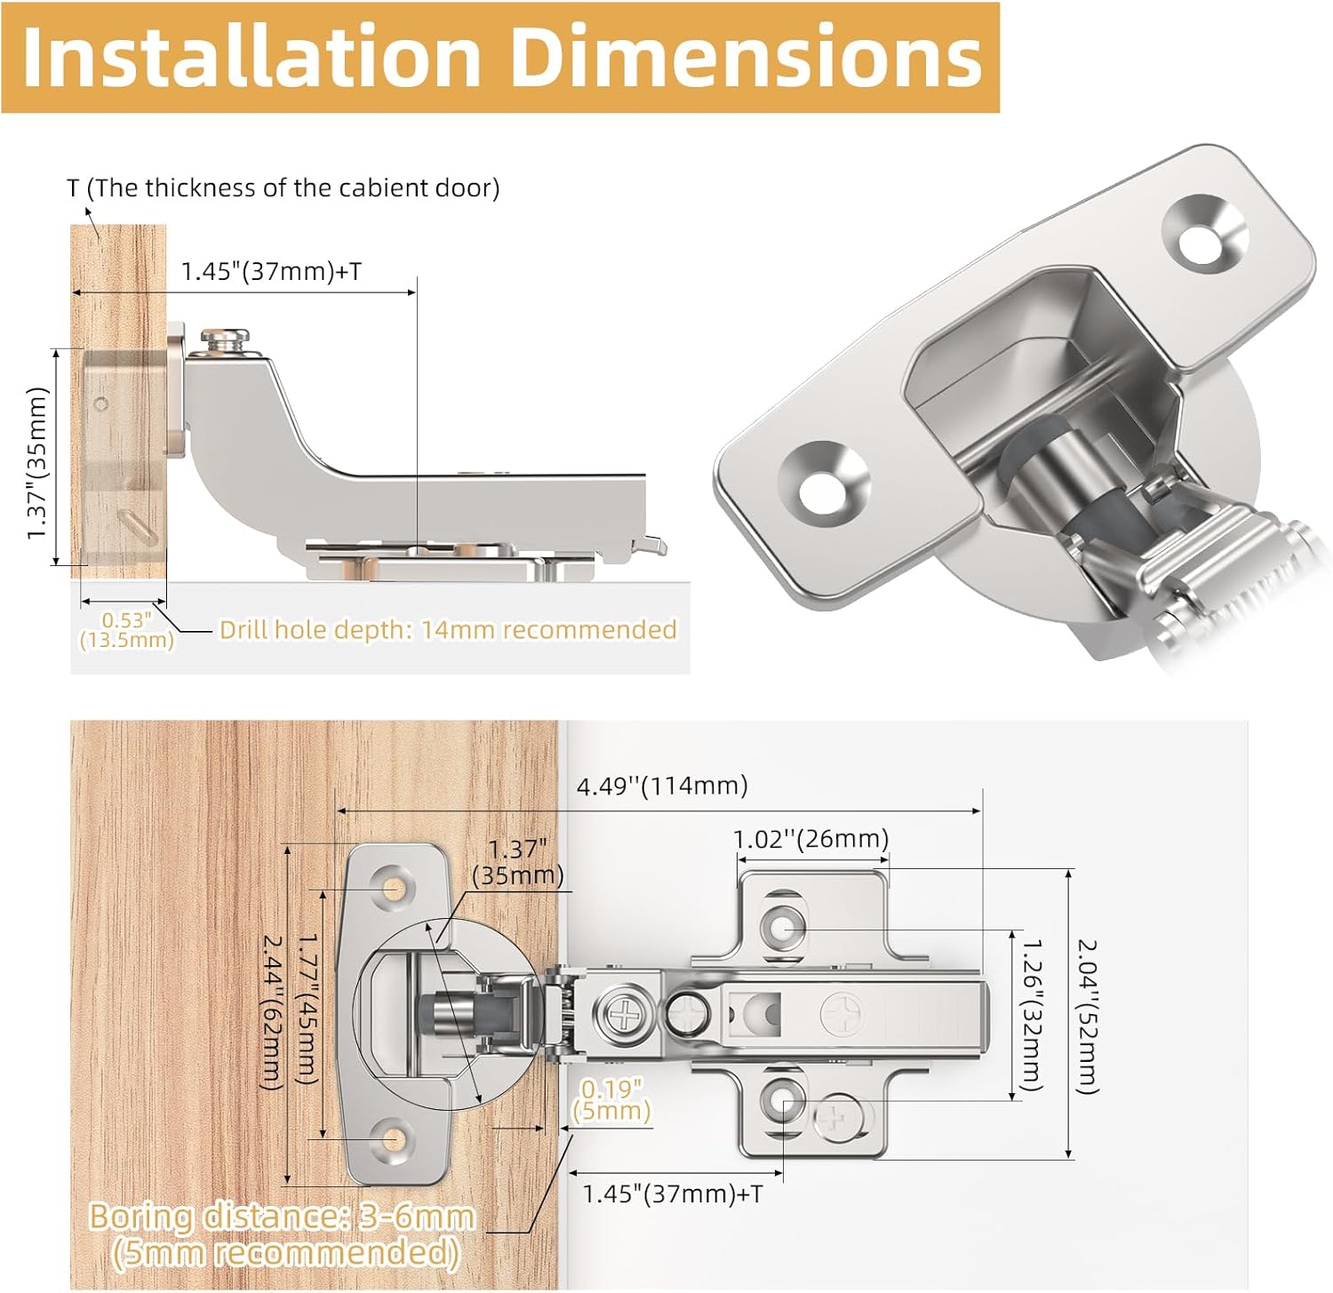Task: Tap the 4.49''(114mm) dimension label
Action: (x=662, y=786)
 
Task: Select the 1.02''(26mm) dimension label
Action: (x=810, y=839)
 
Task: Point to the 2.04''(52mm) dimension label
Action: (x=1088, y=1016)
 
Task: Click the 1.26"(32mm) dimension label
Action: (x=1031, y=1015)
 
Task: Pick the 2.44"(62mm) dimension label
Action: (x=272, y=1011)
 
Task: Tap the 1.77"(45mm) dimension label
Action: (x=306, y=1008)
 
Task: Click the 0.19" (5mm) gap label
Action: (x=611, y=1100)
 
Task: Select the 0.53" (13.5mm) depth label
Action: (x=125, y=630)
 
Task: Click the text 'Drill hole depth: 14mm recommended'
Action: (x=448, y=630)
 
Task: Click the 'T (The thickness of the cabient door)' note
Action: (x=283, y=188)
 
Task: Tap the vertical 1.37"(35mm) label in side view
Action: (x=37, y=462)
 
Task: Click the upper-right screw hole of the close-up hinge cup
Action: (x=1203, y=236)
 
